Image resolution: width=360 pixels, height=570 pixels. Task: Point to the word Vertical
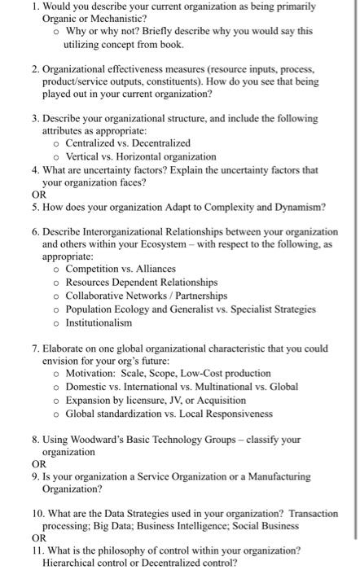(85, 156)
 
